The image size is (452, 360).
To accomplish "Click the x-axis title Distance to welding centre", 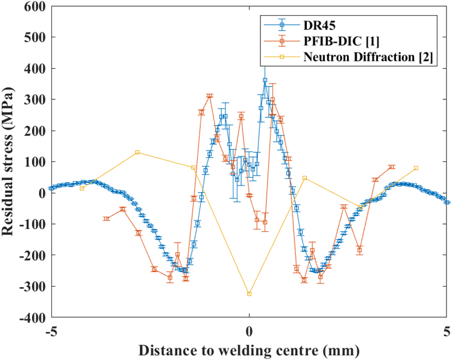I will click(x=249, y=350).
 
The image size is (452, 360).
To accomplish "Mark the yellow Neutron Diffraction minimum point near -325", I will click(x=249, y=294).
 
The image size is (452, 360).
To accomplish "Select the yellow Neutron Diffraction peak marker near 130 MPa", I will click(x=137, y=152).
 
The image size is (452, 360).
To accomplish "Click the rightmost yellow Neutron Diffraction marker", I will click(x=416, y=168).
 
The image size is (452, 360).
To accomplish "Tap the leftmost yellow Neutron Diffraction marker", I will click(x=82, y=188).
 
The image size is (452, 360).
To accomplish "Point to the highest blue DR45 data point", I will click(x=265, y=80).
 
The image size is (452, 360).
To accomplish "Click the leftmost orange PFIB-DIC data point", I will click(x=107, y=219).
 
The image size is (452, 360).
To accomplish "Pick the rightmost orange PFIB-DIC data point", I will click(x=392, y=167).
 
